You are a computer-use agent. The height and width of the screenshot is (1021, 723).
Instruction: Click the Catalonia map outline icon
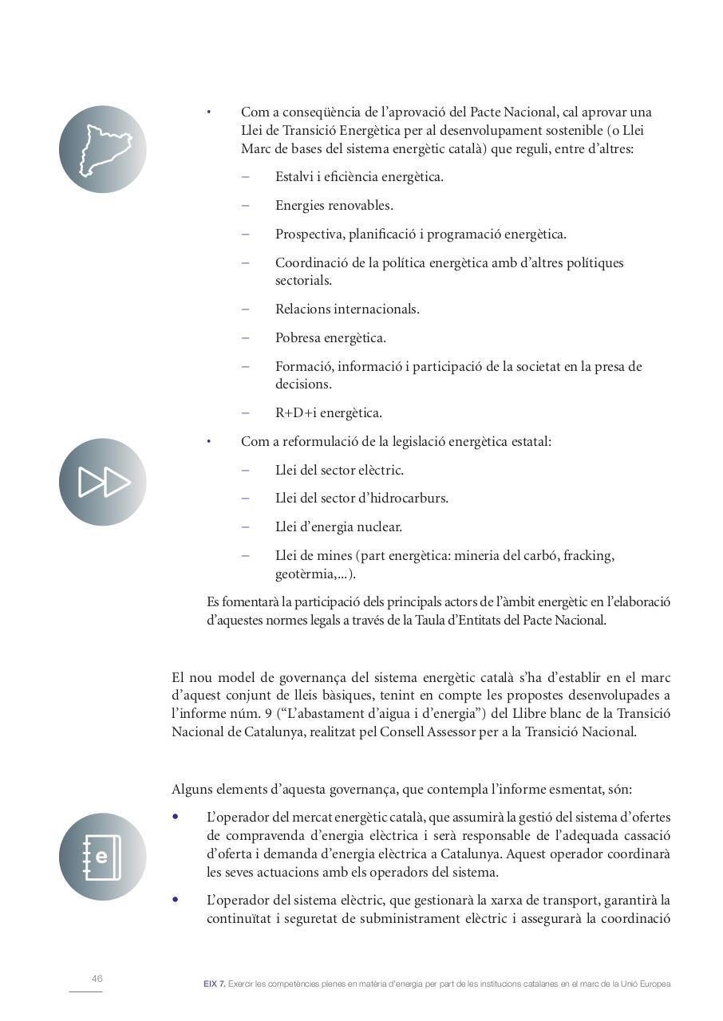tap(103, 149)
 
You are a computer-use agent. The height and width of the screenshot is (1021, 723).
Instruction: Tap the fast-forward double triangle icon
tap(103, 482)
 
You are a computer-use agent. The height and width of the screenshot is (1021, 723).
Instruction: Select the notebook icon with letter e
tap(103, 857)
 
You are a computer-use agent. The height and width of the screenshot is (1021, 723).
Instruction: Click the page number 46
tap(97, 979)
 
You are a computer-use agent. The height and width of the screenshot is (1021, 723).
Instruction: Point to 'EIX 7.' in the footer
tap(214, 984)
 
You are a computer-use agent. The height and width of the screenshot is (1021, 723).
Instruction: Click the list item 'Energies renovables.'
tap(334, 206)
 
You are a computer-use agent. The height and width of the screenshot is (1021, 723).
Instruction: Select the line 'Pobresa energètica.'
tap(330, 338)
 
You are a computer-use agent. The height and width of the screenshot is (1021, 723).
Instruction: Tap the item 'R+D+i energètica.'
tap(328, 413)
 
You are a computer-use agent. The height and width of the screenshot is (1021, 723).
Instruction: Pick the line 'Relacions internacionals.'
tap(347, 309)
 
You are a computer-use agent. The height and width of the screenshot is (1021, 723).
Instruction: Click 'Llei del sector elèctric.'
tap(339, 471)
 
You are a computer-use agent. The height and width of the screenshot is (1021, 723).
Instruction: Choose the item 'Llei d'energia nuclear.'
tap(338, 527)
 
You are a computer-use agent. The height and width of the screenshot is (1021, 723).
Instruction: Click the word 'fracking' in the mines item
tap(587, 556)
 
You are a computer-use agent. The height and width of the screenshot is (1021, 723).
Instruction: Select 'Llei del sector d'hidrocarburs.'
tap(361, 499)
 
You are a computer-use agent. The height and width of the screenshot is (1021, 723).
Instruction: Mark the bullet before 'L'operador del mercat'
tap(176, 817)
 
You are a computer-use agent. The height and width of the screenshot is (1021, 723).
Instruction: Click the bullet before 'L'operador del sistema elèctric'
tap(176, 900)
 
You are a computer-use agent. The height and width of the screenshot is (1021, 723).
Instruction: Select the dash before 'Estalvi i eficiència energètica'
tap(245, 177)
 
